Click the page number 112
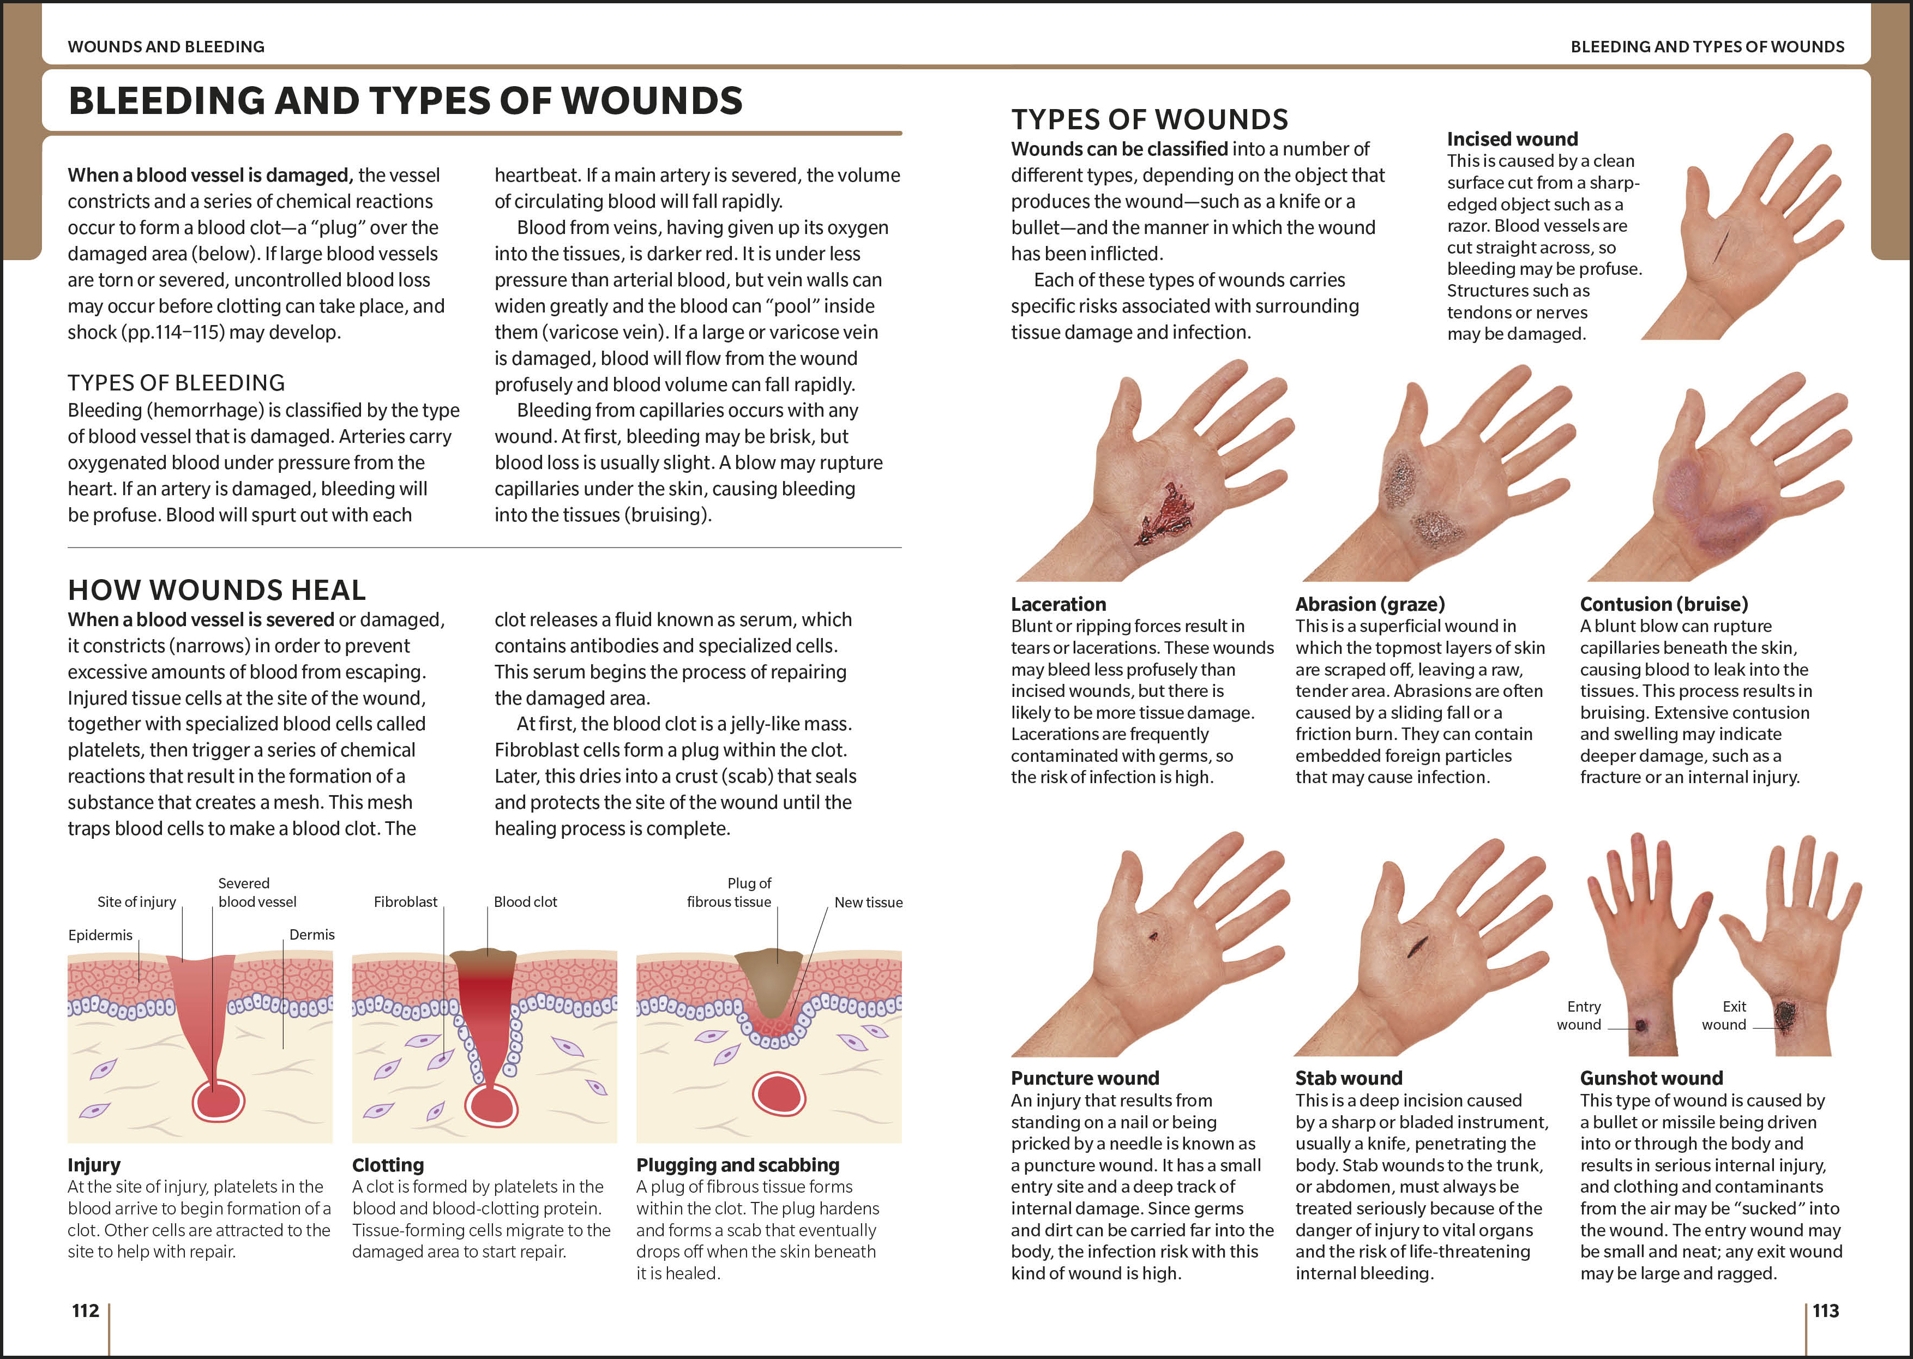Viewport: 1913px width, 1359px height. [86, 1310]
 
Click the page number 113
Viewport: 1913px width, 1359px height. [1826, 1310]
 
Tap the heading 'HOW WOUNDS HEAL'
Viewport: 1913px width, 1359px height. [216, 590]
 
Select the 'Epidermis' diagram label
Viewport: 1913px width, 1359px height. [100, 935]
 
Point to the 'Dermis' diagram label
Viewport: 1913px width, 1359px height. [312, 935]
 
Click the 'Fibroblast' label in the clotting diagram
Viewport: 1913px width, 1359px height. [405, 901]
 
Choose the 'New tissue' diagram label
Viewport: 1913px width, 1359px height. [869, 902]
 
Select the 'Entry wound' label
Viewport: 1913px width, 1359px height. [1580, 1015]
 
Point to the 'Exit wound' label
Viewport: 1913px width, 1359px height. [1725, 1015]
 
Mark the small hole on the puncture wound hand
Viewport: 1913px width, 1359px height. [1154, 936]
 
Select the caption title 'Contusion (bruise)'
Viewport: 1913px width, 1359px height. [1664, 604]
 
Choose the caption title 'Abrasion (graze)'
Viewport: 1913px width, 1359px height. [1370, 604]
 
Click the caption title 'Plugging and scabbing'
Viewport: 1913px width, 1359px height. [737, 1165]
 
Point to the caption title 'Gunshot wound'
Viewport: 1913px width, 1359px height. [1651, 1078]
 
